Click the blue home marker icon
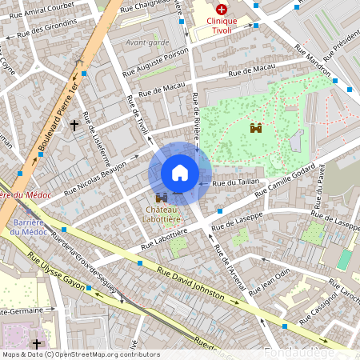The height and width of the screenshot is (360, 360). [180, 173]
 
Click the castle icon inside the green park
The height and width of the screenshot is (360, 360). [256, 127]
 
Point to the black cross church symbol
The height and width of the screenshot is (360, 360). [74, 125]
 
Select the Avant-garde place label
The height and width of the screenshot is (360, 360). [147, 42]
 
